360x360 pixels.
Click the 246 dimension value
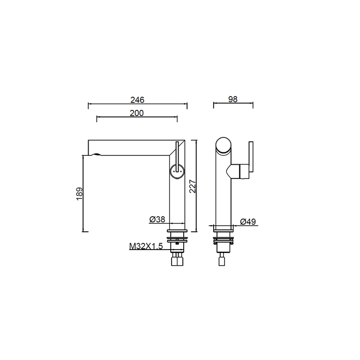pyautogui.click(x=137, y=100)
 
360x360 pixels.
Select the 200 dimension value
pyautogui.click(x=136, y=113)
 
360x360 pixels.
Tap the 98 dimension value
pyautogui.click(x=233, y=99)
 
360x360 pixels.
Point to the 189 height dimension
pyautogui.click(x=80, y=194)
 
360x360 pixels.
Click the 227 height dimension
pyautogui.click(x=193, y=186)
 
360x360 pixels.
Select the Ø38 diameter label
pyautogui.click(x=157, y=220)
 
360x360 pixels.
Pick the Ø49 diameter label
pyautogui.click(x=248, y=222)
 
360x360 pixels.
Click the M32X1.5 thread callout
pyautogui.click(x=146, y=246)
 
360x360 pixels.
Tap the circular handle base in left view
pyautogui.click(x=177, y=172)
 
